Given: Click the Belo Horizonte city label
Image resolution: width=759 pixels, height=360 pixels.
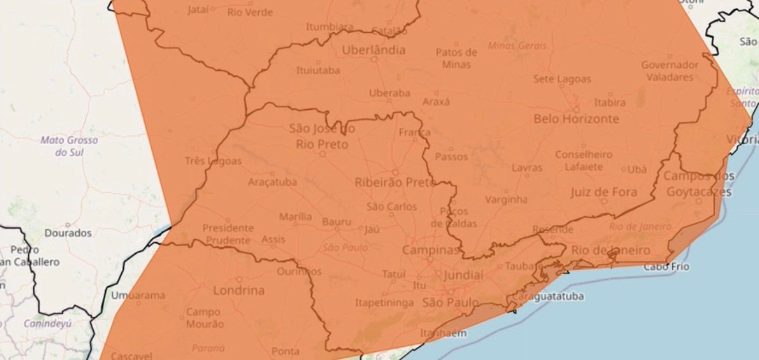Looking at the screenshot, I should coord(576,119).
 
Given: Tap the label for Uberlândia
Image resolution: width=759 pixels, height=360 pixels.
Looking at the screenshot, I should coord(374,50).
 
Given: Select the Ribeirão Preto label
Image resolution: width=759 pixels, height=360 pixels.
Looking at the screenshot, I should coord(396,183).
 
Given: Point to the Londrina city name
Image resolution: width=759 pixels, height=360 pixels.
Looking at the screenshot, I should coord(239,290).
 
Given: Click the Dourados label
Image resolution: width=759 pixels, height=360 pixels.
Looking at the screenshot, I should coord(68,233).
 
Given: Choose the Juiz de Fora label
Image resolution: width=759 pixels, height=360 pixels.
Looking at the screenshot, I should coord(603,192).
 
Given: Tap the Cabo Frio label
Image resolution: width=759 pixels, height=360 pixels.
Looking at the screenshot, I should coord(666,267).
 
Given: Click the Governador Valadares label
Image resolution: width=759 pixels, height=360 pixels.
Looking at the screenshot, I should coord(670,71).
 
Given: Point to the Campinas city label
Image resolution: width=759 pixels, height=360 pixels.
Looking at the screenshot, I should coord(431,250).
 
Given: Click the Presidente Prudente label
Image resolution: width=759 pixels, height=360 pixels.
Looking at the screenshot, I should coord(228,235).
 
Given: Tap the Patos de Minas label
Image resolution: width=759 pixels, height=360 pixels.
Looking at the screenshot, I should coord(456,58).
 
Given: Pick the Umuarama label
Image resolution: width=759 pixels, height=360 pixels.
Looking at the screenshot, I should coord(138,296).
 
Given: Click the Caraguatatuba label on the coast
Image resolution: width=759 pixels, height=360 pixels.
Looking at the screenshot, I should coord(547,297).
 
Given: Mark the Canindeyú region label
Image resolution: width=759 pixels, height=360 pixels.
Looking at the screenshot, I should coord(47,324).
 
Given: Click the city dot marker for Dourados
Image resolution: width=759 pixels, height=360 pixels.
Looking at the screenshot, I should coord(68,225).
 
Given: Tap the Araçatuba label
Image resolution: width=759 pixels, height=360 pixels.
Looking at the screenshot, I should coord(273,182).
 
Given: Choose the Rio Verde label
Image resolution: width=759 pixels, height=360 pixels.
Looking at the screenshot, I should coord(250,12).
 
